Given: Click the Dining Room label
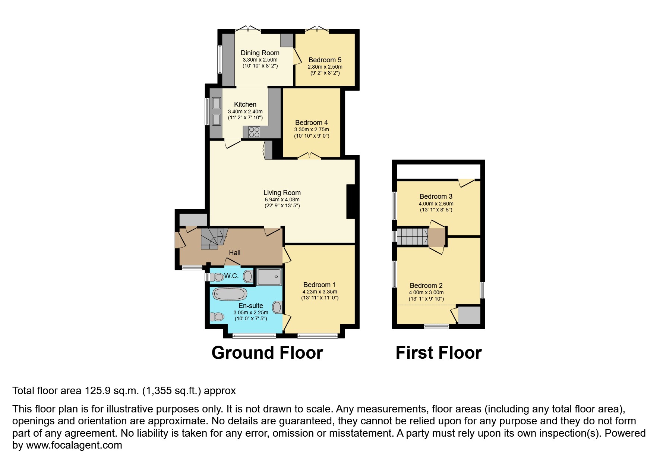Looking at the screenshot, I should click(x=260, y=53).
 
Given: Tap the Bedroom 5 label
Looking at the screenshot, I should click(x=325, y=60).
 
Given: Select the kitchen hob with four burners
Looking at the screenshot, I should click(x=254, y=132).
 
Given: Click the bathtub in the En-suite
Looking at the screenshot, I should click(x=230, y=294).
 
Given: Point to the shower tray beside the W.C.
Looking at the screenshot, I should click(x=269, y=277).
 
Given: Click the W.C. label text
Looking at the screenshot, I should click(x=231, y=276).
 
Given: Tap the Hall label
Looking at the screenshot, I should click(x=234, y=253).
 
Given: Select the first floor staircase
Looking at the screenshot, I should click(x=412, y=237).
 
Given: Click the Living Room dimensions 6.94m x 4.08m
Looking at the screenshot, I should click(x=282, y=199).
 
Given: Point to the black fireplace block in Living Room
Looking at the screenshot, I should click(x=351, y=201).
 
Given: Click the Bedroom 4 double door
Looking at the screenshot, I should click(x=309, y=156).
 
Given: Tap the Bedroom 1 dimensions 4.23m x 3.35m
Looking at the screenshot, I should click(x=320, y=292).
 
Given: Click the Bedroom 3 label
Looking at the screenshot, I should click(x=436, y=197).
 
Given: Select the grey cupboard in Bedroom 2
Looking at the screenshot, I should click(x=469, y=315).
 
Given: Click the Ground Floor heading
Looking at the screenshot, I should click(x=267, y=353).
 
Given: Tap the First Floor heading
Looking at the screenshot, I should click(x=438, y=353).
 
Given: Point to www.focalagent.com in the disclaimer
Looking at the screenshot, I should click(x=74, y=445).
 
